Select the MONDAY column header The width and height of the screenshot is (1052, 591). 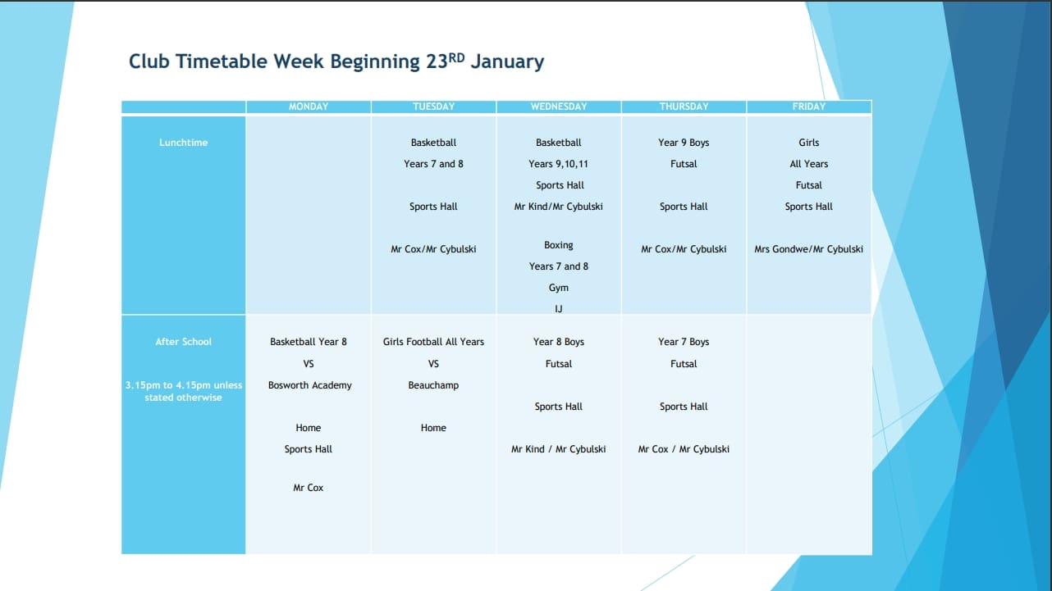pyautogui.click(x=309, y=107)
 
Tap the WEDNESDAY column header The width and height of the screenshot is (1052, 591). pyautogui.click(x=559, y=107)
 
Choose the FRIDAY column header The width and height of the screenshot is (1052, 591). pyautogui.click(x=808, y=107)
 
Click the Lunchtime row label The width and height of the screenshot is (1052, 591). pyautogui.click(x=183, y=143)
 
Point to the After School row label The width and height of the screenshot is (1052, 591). pyautogui.click(x=183, y=342)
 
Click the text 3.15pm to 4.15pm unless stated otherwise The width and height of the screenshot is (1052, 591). pyautogui.click(x=183, y=391)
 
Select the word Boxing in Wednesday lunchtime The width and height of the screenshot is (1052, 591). pyautogui.click(x=559, y=245)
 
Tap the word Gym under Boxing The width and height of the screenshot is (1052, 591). pyautogui.click(x=559, y=288)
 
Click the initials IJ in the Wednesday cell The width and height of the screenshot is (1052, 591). pyautogui.click(x=559, y=309)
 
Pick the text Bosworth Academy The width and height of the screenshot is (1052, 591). pyautogui.click(x=309, y=385)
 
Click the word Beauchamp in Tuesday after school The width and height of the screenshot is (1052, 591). pyautogui.click(x=433, y=385)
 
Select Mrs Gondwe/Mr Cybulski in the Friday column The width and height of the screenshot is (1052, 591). pyautogui.click(x=808, y=249)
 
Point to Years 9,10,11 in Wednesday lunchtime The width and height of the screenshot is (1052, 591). pyautogui.click(x=559, y=164)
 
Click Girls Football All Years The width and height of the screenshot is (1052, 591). pyautogui.click(x=433, y=342)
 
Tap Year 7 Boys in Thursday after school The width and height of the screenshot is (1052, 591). pyautogui.click(x=684, y=342)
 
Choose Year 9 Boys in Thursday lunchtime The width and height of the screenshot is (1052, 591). pyautogui.click(x=684, y=143)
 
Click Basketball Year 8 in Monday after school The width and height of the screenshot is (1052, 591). pyautogui.click(x=309, y=342)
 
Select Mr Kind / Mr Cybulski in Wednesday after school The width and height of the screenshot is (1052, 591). pyautogui.click(x=559, y=449)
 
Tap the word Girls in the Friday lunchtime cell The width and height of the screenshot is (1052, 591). pyautogui.click(x=809, y=143)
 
